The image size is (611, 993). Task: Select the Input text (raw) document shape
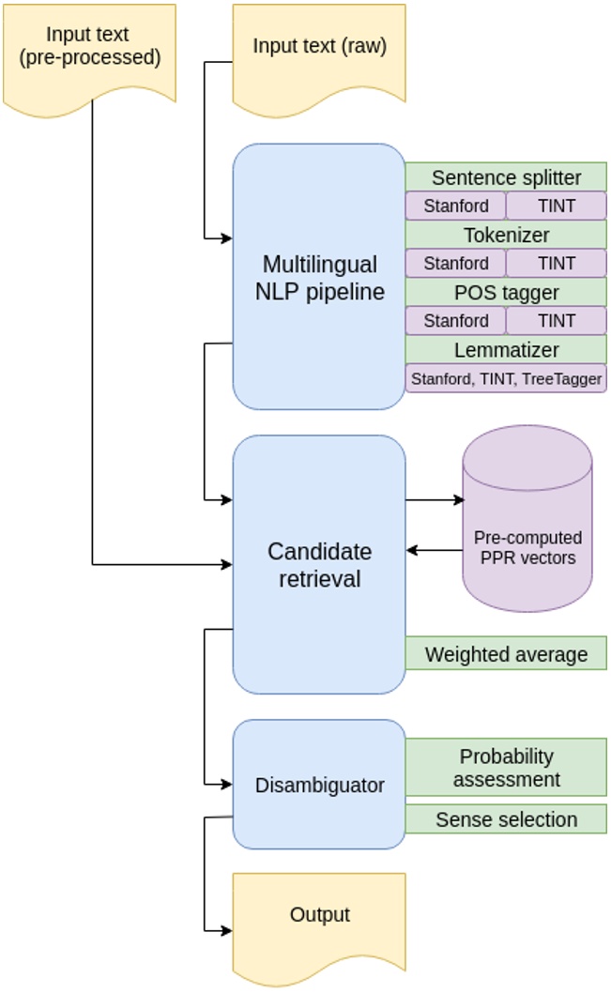(x=319, y=52)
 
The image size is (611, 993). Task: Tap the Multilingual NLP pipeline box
(x=319, y=277)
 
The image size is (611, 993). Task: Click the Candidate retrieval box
(x=319, y=564)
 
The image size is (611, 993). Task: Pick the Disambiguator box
(x=319, y=785)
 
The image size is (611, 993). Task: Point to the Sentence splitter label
(x=506, y=177)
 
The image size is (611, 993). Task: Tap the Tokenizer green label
(x=506, y=235)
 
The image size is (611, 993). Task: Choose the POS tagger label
(x=506, y=292)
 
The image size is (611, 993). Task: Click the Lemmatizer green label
(x=506, y=349)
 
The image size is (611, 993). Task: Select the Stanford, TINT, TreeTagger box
(x=506, y=378)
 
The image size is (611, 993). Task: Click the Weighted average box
(x=506, y=653)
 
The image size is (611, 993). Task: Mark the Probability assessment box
(x=506, y=767)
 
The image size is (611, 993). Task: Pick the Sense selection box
(x=506, y=819)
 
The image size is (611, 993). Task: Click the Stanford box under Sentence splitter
(x=455, y=206)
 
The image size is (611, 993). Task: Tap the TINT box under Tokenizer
(x=557, y=263)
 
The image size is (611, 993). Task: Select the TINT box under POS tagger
(x=557, y=320)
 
